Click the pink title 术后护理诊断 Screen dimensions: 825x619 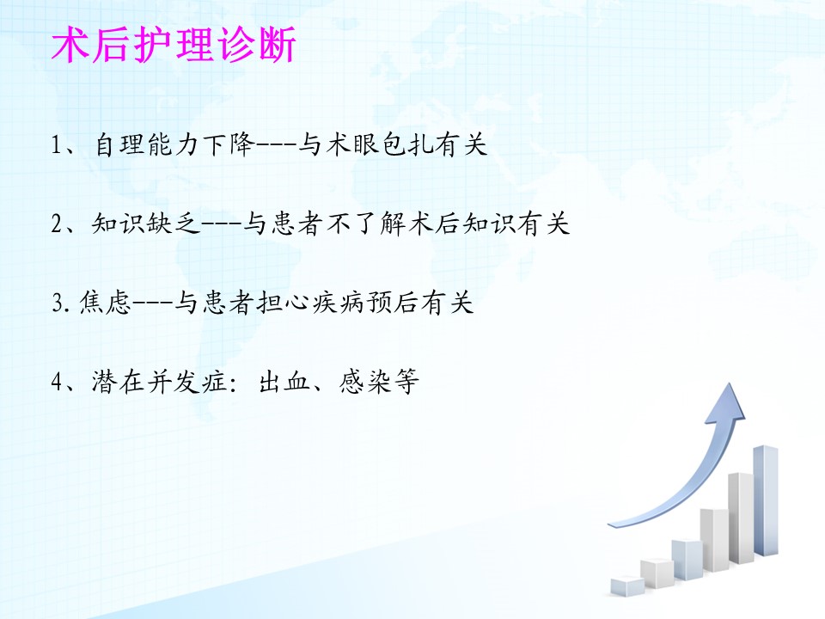pos(174,46)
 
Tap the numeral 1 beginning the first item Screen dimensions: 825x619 pos(57,144)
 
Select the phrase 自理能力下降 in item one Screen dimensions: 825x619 pos(174,144)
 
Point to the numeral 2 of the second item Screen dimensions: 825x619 pos(57,224)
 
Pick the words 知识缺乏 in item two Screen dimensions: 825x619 pos(146,224)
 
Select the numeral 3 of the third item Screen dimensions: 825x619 pos(58,303)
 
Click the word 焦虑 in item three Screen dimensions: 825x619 pos(105,303)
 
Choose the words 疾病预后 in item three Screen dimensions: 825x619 pos(366,303)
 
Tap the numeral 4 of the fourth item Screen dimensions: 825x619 pos(58,382)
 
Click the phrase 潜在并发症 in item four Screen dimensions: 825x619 pos(160,382)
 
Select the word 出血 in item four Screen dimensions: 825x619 pos(284,382)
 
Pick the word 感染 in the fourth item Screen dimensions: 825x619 pos(365,382)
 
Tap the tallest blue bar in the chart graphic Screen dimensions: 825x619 pos(766,500)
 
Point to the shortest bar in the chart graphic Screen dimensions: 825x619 pos(627,585)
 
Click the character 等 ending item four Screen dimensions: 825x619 pos(406,382)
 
